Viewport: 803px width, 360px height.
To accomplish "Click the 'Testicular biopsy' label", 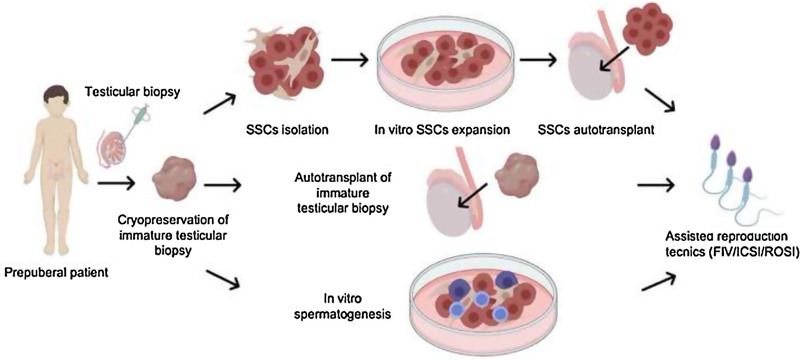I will coord(132,92).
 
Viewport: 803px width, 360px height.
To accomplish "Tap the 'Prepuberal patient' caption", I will coord(56,273).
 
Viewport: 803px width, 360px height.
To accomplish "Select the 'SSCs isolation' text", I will coord(287,130).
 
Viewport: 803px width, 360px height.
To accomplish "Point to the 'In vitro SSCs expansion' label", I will coord(442,130).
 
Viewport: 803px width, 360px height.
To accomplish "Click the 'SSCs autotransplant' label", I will coord(596,130).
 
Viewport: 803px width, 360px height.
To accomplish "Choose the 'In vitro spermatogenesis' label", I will coord(342,306).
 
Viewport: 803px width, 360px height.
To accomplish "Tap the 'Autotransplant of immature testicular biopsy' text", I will coord(343,193).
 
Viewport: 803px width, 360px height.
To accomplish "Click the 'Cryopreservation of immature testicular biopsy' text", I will coord(173,235).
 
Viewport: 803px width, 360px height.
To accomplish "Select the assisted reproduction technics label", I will coord(732,244).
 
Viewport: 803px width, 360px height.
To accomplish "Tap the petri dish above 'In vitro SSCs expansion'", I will coord(446,65).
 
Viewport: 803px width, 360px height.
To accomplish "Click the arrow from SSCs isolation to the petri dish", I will coord(349,60).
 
